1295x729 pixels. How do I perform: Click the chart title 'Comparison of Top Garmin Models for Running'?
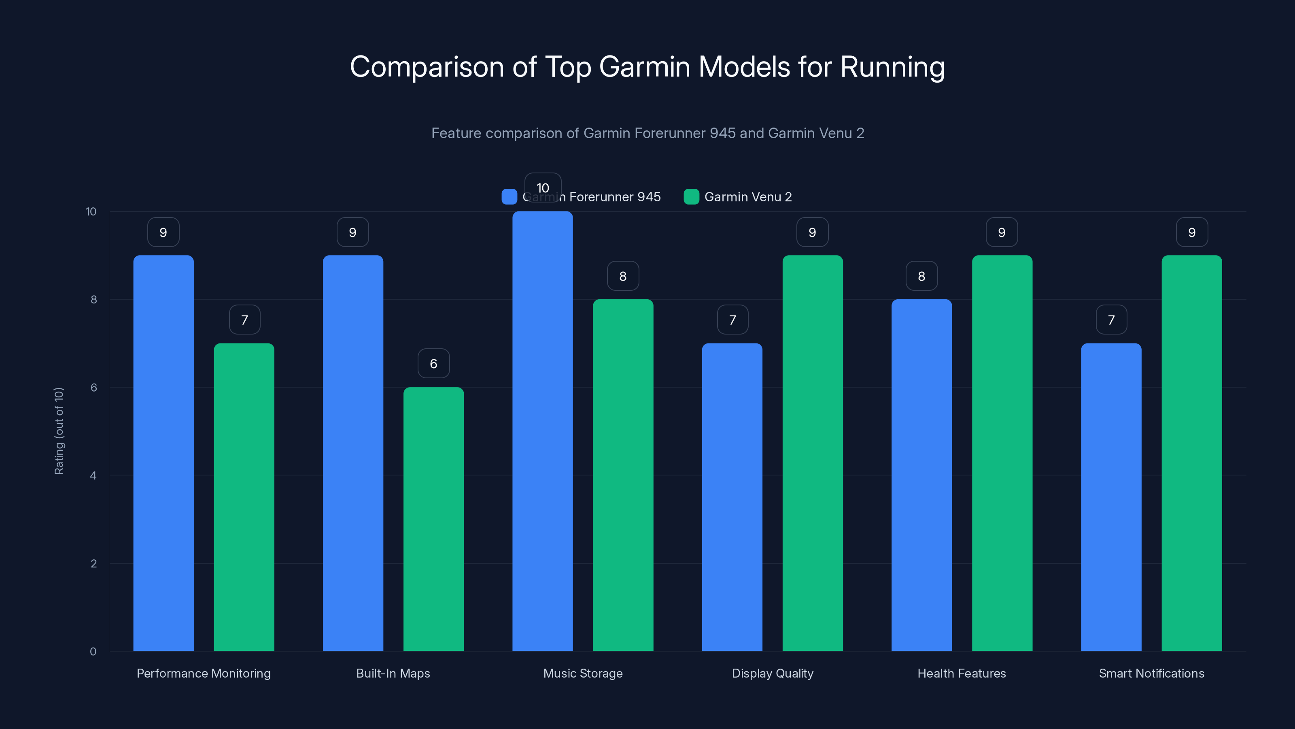pos(647,67)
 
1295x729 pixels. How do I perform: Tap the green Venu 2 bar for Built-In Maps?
pos(433,519)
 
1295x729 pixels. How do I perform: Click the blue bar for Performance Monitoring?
pos(163,453)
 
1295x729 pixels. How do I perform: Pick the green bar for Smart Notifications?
pos(1191,453)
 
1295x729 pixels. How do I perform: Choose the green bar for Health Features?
pos(1002,453)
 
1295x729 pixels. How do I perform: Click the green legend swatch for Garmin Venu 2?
pos(691,197)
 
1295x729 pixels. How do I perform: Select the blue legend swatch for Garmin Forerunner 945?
pos(509,197)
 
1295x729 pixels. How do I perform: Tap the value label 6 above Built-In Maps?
pos(433,364)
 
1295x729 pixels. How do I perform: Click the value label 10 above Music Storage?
pos(542,188)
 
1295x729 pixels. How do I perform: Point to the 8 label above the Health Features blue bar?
pos(921,276)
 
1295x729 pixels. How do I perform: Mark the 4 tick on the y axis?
pos(93,475)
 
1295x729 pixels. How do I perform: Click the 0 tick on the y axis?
pos(93,652)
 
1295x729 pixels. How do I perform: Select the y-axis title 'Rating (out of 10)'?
pos(59,431)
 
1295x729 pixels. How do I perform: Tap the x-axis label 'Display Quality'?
pos(772,673)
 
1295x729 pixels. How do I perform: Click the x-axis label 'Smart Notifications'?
pos(1151,673)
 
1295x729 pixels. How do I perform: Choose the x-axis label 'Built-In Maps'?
pos(393,673)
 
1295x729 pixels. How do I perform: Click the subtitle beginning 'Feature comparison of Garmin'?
pos(647,133)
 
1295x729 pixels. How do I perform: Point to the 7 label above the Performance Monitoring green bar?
pos(244,320)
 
